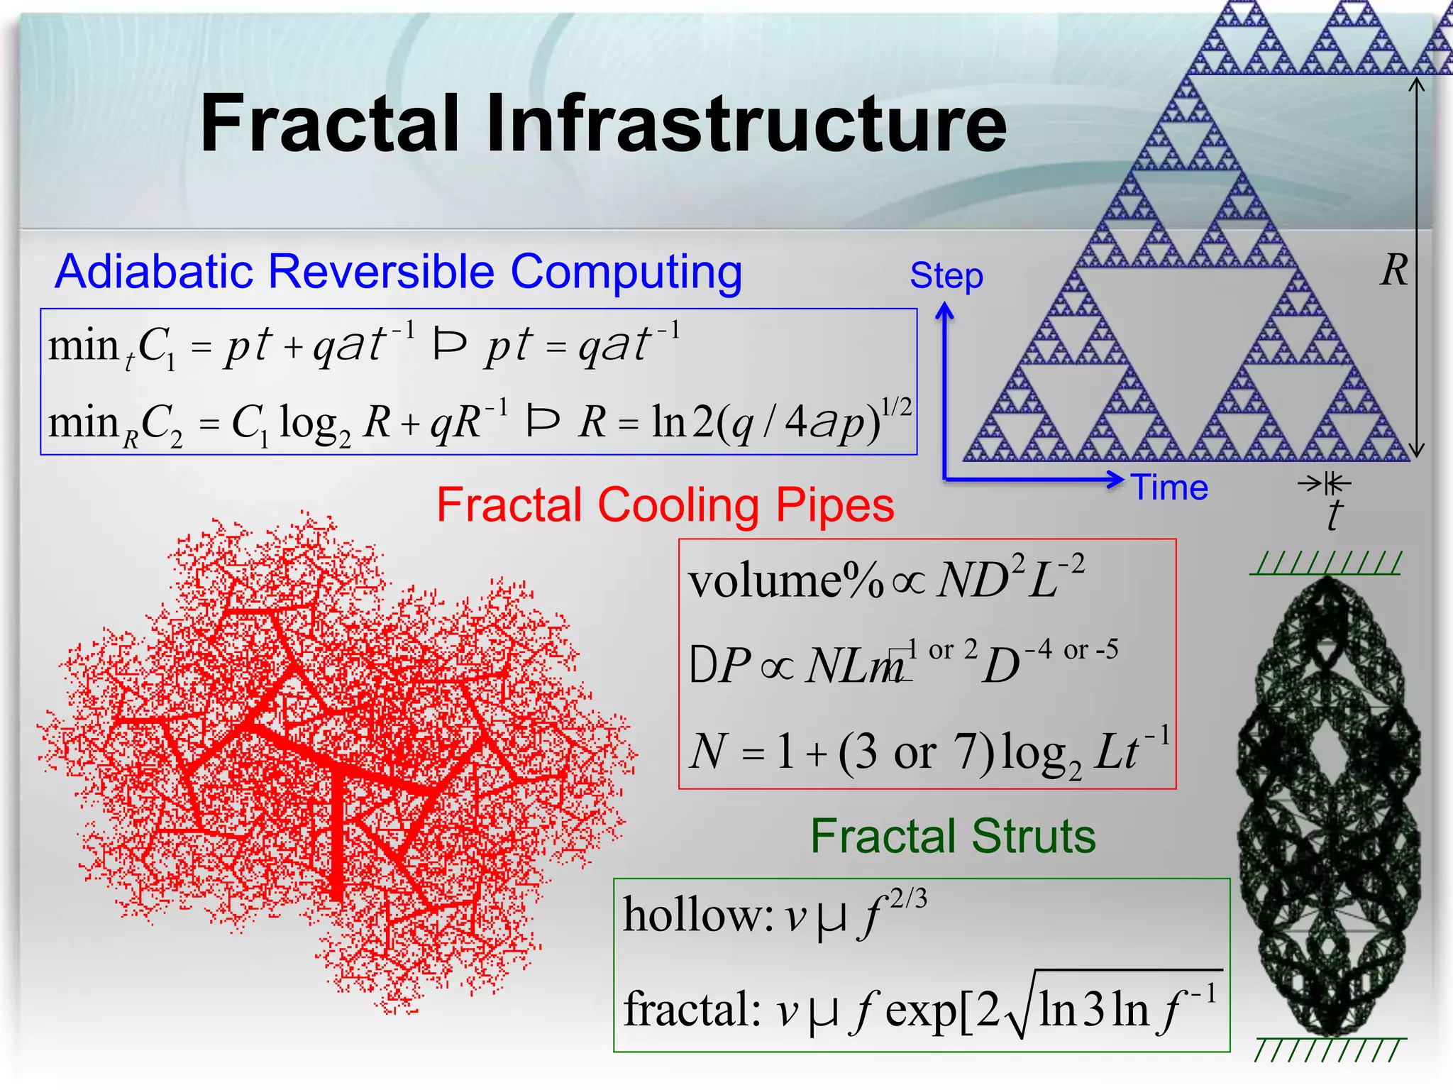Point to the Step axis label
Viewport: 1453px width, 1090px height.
coord(946,275)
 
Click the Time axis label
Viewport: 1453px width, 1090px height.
coord(1170,488)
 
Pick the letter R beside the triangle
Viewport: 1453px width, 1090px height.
coord(1393,270)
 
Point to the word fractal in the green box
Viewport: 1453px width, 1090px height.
coord(685,1009)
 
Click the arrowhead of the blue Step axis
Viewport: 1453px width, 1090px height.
coord(944,311)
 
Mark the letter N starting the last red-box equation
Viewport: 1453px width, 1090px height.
coord(708,752)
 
